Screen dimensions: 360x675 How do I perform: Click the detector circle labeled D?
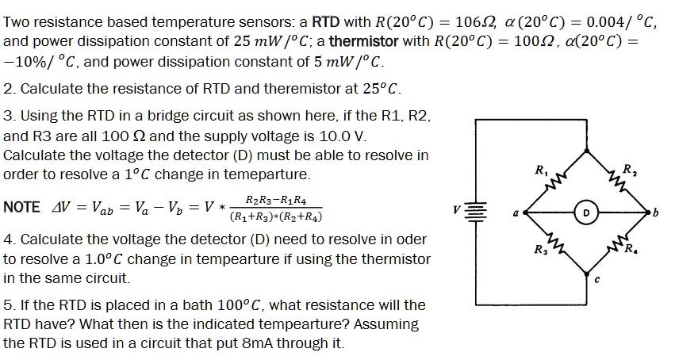point(585,213)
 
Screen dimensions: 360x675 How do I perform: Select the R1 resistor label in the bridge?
point(541,170)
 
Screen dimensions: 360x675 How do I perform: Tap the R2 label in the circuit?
point(629,170)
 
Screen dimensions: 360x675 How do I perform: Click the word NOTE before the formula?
point(22,207)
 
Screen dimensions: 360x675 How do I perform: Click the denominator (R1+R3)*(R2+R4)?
point(274,216)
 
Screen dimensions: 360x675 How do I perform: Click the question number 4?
point(7,239)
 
